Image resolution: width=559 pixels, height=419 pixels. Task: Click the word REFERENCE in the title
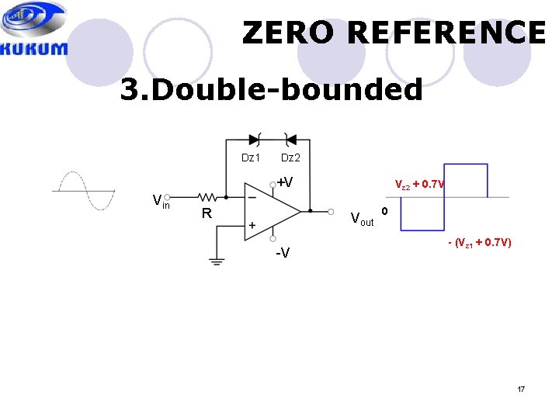click(x=449, y=33)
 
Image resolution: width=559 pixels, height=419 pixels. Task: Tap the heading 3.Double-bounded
click(x=271, y=90)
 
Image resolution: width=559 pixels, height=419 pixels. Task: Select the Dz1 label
click(x=251, y=158)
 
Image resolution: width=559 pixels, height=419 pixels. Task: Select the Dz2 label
click(x=290, y=158)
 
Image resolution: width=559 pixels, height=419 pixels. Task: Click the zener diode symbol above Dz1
click(x=254, y=140)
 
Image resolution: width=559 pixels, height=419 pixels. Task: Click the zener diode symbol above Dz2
click(x=290, y=140)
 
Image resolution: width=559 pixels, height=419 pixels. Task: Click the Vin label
click(x=161, y=203)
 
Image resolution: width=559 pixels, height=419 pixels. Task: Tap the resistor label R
click(x=207, y=213)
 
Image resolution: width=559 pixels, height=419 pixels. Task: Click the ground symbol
click(x=216, y=261)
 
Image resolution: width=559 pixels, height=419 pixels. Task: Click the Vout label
click(x=362, y=219)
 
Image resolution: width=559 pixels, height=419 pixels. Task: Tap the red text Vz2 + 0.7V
click(x=419, y=185)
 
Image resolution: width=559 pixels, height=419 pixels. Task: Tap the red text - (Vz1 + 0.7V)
click(x=479, y=244)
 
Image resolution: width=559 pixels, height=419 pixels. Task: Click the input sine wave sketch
click(x=83, y=190)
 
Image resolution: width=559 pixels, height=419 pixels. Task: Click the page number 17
click(x=521, y=387)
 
